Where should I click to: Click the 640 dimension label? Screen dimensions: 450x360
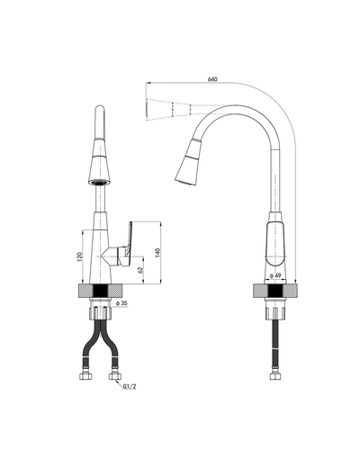(212, 80)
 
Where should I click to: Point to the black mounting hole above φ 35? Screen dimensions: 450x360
(100, 292)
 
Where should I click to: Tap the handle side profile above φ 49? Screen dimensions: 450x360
(274, 243)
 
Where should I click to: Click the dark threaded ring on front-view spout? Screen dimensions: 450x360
(100, 181)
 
